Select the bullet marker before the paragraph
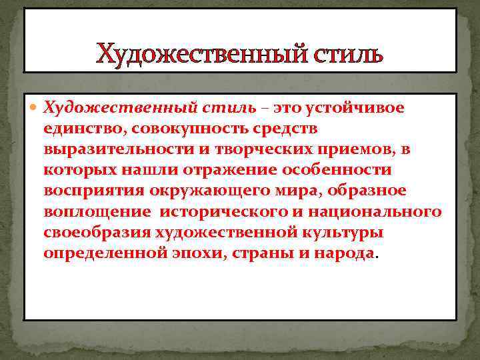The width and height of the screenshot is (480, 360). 35,107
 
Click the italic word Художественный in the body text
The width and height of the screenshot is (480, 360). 118,107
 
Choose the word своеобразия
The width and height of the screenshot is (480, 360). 96,233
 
